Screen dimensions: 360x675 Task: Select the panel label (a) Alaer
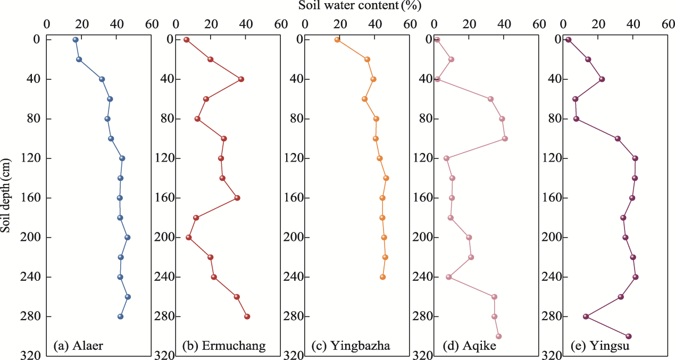point(78,346)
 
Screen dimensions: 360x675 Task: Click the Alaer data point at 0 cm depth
point(76,40)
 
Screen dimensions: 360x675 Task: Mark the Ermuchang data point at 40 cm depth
point(241,79)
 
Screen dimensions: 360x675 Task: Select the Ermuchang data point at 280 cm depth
point(247,316)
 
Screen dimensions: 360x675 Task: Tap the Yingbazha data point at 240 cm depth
point(382,277)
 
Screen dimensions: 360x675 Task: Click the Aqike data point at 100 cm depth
point(505,139)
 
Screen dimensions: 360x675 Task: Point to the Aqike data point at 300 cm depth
point(499,336)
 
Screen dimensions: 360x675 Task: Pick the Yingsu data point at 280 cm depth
point(586,316)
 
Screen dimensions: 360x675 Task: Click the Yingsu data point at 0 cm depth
point(569,40)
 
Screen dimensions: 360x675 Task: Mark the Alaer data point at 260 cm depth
point(128,297)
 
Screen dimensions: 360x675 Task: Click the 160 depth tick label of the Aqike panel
point(423,198)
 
